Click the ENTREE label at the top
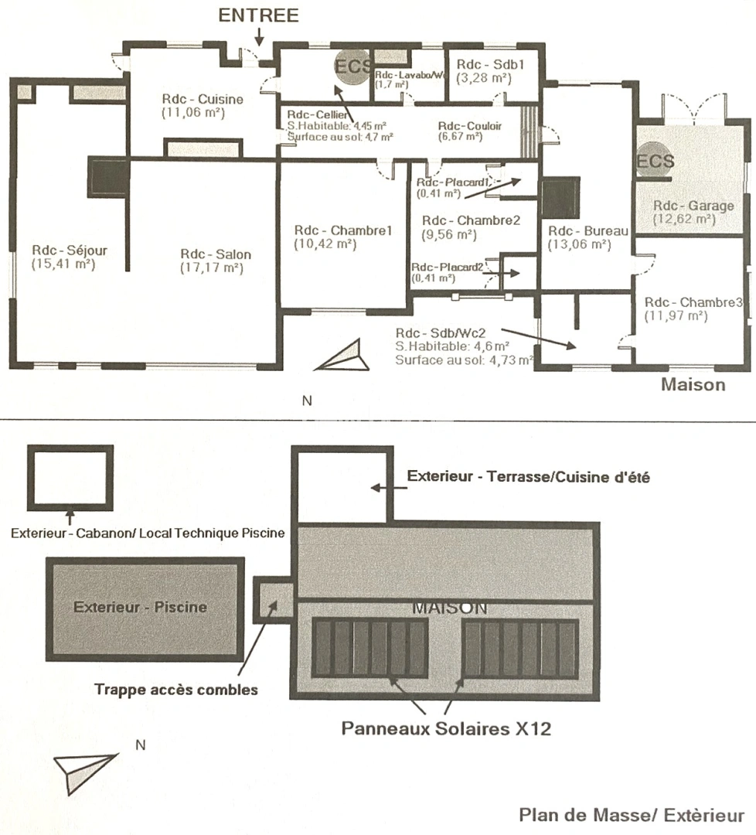coord(259,16)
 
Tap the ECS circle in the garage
coord(656,162)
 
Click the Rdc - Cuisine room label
coord(203,99)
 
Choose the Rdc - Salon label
coord(216,254)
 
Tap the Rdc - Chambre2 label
coord(472,220)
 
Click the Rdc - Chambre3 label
coord(693,302)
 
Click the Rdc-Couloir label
coord(469,126)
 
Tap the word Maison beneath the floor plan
coord(693,384)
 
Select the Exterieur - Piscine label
coord(141,607)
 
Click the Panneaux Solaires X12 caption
coord(447,728)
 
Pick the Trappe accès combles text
coord(176,690)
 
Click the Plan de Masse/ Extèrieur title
coord(632,815)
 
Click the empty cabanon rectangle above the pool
coord(70,477)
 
